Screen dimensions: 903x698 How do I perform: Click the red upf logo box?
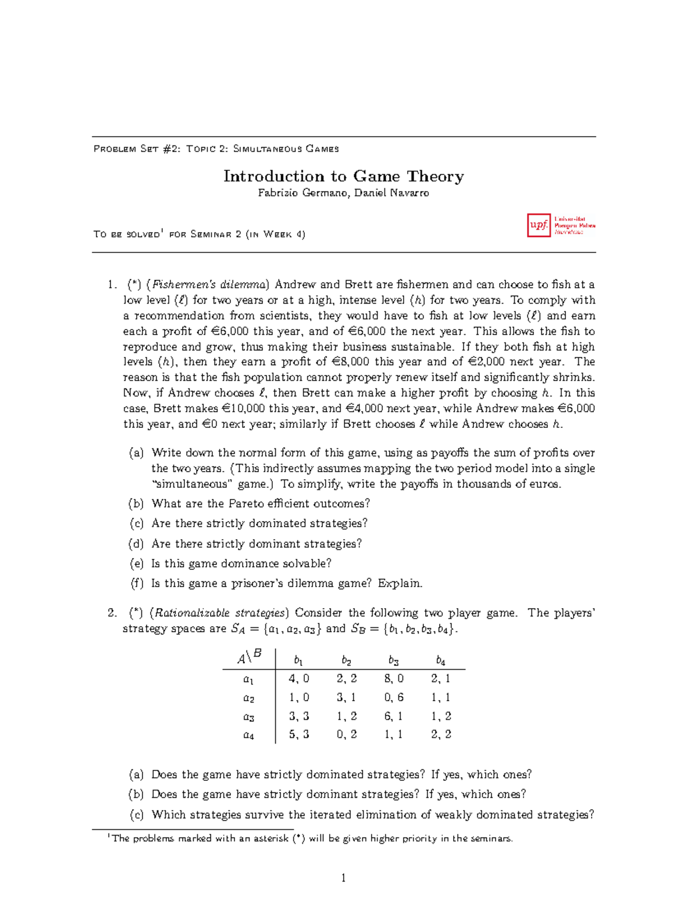539,225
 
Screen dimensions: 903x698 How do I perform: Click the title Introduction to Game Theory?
343,176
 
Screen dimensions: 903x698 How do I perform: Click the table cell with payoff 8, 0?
394,679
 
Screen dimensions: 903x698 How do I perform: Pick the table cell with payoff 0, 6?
394,697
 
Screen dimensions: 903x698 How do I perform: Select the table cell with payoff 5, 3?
299,734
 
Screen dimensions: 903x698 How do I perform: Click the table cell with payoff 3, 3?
299,716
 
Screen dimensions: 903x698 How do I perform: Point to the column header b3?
394,661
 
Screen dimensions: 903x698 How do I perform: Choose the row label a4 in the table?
248,735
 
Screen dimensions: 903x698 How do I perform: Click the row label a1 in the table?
248,679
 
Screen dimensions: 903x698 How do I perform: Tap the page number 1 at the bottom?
343,878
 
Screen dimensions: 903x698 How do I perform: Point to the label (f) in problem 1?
137,583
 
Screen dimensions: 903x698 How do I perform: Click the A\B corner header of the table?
249,657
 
